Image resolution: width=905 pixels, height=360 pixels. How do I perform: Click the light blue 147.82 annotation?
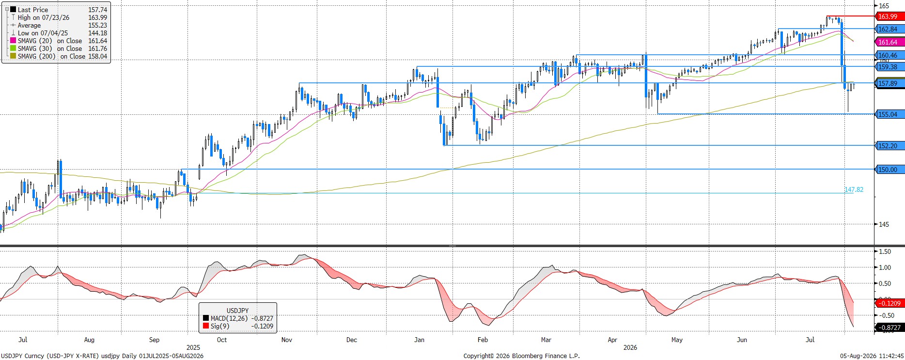(x=854, y=189)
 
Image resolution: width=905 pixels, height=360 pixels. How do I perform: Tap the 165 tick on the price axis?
(x=884, y=6)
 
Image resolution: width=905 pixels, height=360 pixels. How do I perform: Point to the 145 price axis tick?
(x=884, y=224)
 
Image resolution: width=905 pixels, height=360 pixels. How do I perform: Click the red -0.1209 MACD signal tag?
(x=889, y=303)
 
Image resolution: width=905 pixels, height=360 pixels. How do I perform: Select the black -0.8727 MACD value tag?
(x=889, y=328)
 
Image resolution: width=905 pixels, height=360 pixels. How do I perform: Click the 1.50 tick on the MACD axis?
(x=885, y=251)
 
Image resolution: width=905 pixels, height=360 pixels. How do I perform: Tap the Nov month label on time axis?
(x=287, y=340)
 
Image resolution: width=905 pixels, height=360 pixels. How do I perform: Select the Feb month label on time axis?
(x=483, y=340)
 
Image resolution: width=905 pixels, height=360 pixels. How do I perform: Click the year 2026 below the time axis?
(x=630, y=347)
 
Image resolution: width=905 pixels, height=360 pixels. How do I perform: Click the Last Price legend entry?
(x=59, y=10)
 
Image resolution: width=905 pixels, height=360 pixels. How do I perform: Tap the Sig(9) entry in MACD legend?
(x=238, y=326)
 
